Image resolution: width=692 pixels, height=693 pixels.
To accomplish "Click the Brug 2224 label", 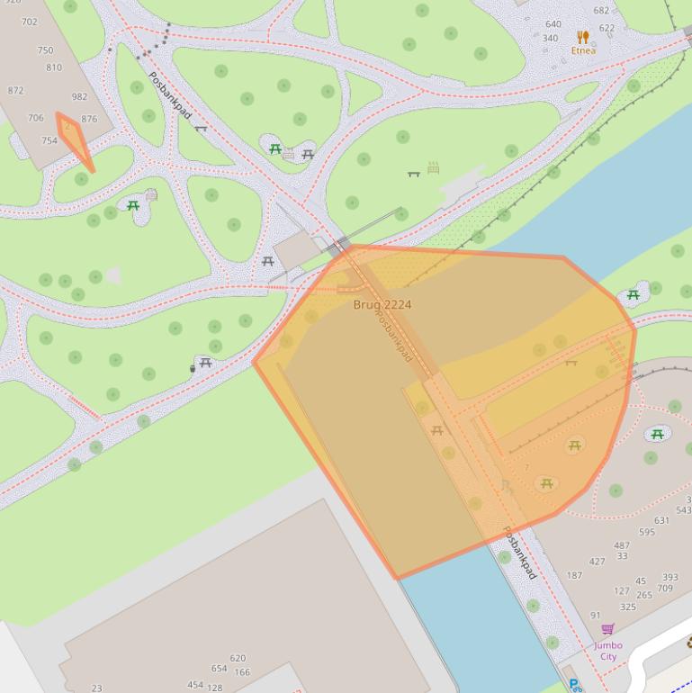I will [382, 305].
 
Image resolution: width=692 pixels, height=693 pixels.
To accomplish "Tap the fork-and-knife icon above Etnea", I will [583, 37].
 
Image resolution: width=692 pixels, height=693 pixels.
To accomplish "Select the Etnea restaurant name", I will [583, 50].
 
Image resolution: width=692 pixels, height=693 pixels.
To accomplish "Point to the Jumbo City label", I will [608, 651].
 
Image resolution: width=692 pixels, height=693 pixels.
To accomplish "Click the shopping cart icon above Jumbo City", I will [607, 630].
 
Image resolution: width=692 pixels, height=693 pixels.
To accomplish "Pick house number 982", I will [79, 96].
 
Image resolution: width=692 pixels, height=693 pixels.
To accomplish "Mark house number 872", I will [15, 91].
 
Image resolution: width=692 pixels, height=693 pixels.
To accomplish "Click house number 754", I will [49, 140].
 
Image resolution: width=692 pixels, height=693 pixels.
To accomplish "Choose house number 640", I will [553, 24].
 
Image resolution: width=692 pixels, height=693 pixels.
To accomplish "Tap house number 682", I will [601, 11].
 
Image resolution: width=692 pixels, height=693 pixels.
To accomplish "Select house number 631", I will [661, 520].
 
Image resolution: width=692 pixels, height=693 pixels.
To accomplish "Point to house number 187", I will [574, 576].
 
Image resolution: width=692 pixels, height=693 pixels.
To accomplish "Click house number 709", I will [665, 589].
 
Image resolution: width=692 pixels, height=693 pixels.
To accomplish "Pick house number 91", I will [595, 616].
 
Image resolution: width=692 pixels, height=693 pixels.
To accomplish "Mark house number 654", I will [219, 669].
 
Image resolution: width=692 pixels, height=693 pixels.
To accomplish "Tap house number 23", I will [96, 688].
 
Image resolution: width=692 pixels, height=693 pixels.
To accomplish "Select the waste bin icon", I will [193, 367].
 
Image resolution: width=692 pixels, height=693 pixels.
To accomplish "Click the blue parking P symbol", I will [573, 685].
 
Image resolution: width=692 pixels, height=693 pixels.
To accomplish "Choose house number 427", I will [597, 562].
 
